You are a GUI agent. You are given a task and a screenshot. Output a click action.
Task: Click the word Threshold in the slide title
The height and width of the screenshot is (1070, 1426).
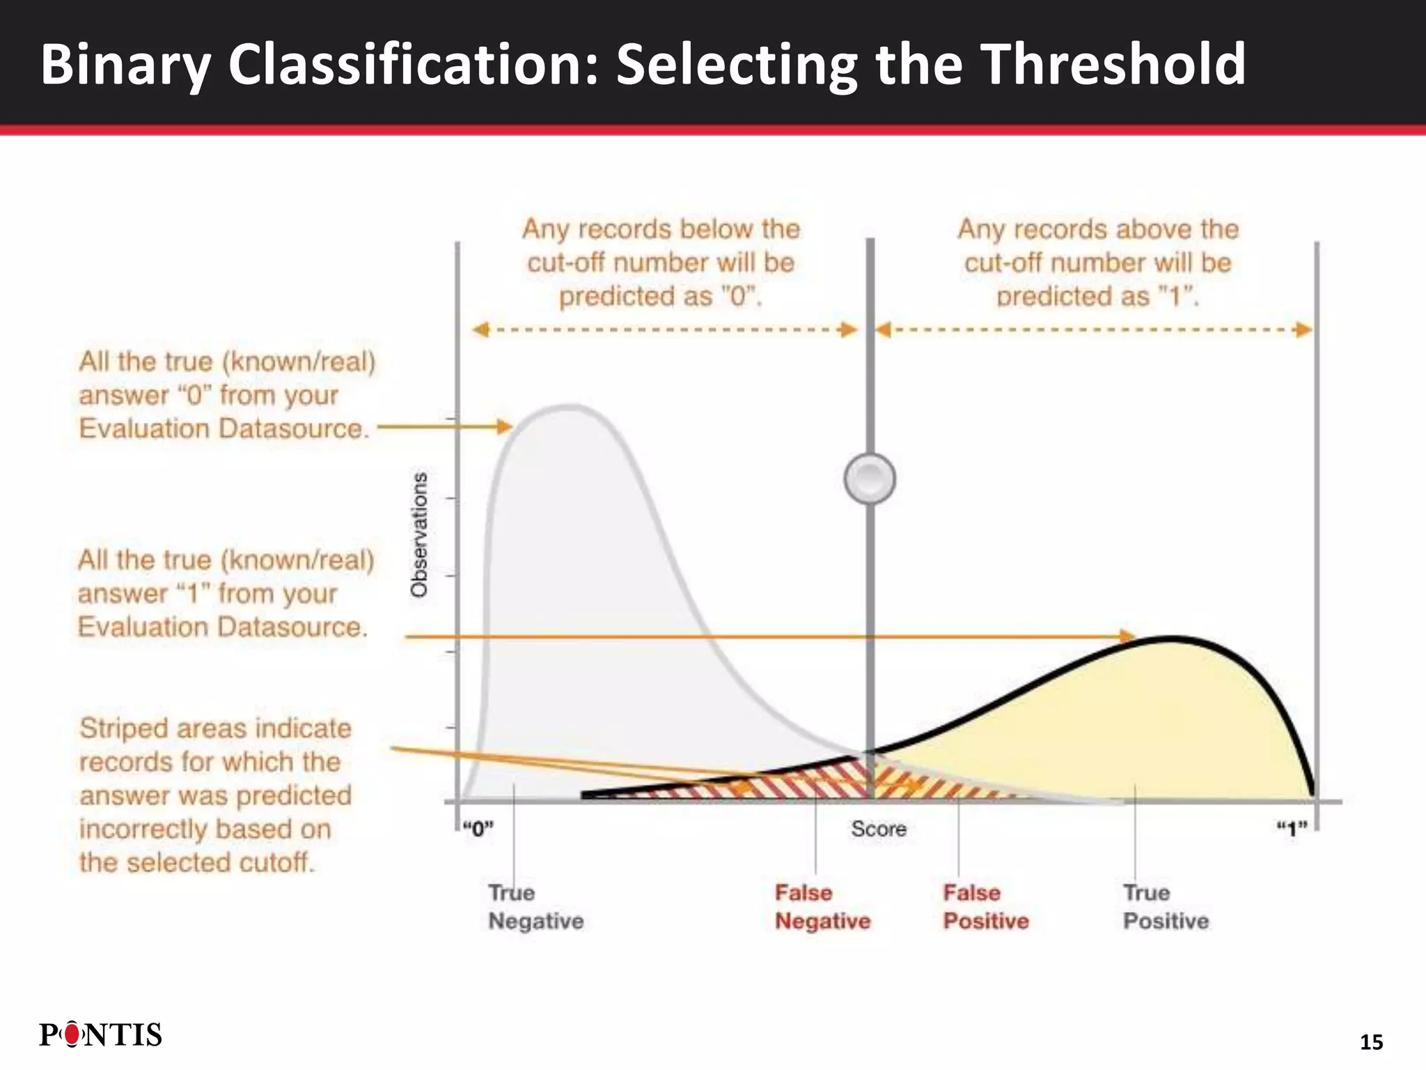point(1113,64)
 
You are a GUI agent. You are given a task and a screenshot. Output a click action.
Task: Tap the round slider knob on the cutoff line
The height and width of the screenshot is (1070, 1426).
point(870,479)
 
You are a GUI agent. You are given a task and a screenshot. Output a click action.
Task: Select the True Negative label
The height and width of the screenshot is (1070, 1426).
point(535,906)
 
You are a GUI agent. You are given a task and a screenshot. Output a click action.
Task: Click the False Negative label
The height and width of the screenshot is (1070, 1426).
point(822,906)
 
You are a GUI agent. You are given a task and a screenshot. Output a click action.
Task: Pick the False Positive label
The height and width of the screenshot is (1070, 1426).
point(985,906)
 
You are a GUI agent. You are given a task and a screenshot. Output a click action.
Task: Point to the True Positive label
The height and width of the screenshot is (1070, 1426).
point(1166,906)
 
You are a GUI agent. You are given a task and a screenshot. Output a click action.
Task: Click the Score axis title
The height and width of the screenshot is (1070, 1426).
point(879,829)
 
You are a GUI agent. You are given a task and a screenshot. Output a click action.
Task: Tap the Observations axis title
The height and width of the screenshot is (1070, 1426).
point(418,535)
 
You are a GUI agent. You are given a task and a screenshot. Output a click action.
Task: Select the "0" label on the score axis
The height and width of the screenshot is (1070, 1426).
point(478,829)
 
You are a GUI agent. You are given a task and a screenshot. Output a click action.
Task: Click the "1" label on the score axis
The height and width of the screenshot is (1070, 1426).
point(1292,829)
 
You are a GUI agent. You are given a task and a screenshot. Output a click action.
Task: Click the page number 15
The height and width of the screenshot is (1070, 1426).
point(1371,1042)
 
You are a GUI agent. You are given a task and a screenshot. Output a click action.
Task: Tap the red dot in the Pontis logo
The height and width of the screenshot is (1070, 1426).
point(72,1035)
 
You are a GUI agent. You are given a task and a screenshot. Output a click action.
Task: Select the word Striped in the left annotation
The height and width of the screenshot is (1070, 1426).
point(123,729)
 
